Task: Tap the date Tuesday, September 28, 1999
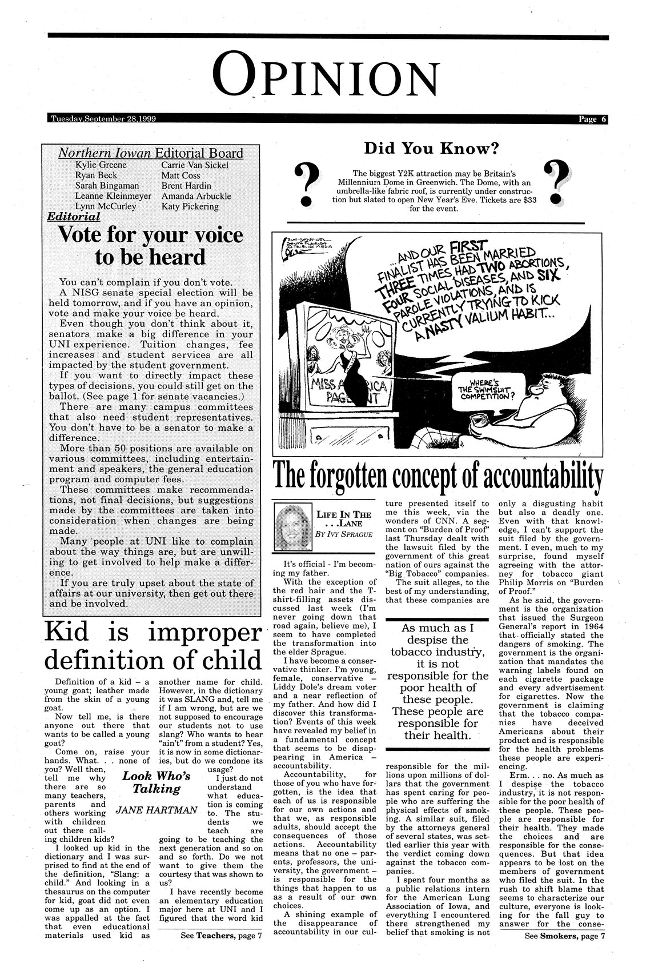[x=103, y=119]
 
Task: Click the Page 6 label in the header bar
[x=593, y=119]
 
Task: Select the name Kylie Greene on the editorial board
[x=101, y=165]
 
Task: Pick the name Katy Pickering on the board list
[x=190, y=206]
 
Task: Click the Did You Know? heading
[x=432, y=149]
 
